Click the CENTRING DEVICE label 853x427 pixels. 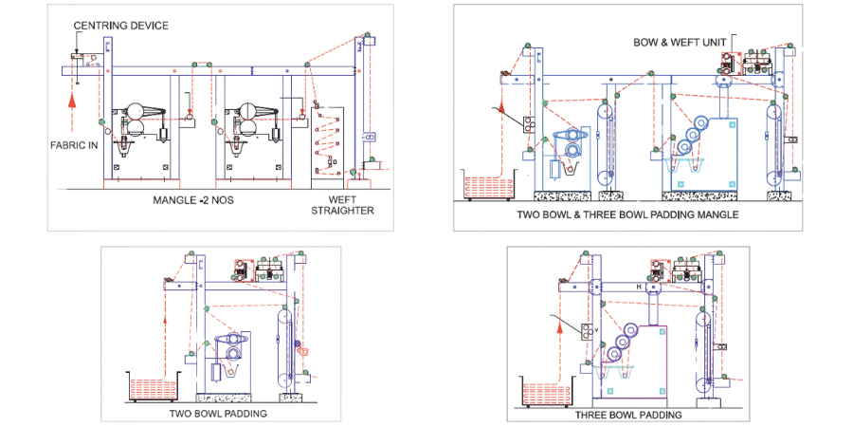(x=120, y=26)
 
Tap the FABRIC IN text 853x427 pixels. (x=72, y=145)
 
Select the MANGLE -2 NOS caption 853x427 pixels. (x=193, y=200)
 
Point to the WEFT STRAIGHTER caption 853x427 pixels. (x=343, y=205)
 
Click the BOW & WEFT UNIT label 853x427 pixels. (x=680, y=43)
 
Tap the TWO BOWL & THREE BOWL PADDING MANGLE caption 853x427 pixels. (x=627, y=214)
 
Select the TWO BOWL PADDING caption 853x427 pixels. (x=218, y=413)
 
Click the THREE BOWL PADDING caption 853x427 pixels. (x=628, y=415)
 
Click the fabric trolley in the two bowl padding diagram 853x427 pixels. (x=154, y=387)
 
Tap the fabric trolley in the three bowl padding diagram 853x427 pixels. (x=547, y=392)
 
